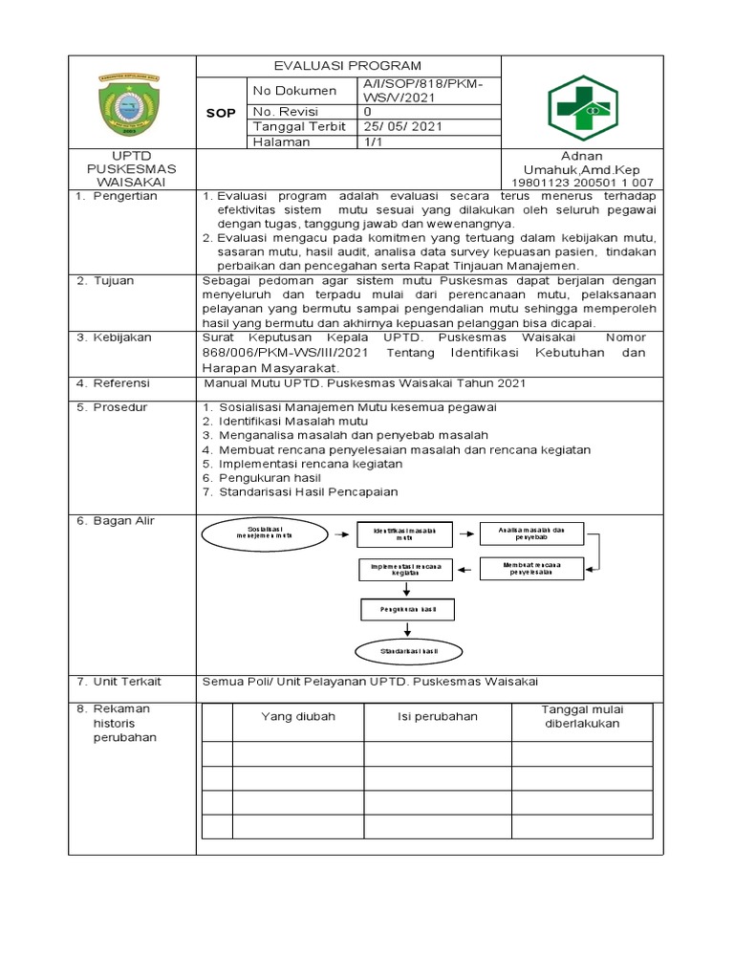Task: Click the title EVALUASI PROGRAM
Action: tap(347, 66)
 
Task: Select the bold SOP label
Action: tap(221, 114)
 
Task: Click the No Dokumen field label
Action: tap(294, 91)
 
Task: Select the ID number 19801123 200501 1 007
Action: tap(583, 183)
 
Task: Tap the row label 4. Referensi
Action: tap(112, 383)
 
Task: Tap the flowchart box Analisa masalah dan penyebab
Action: tap(532, 533)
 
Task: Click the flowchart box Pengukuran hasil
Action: tap(408, 609)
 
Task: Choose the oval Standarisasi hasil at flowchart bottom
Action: tap(408, 651)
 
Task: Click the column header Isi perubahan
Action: tap(438, 717)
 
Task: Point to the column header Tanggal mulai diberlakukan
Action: tap(581, 716)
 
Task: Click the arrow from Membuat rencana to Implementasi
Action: tap(467, 571)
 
